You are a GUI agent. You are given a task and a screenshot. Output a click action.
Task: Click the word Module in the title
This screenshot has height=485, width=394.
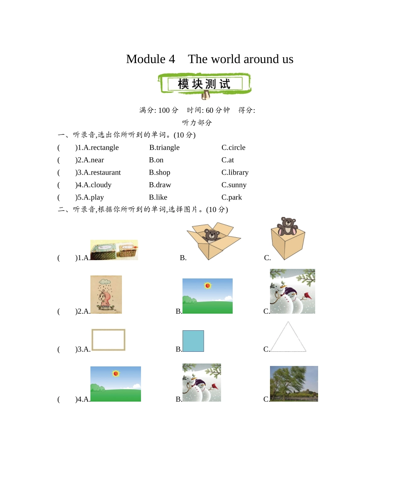(146, 59)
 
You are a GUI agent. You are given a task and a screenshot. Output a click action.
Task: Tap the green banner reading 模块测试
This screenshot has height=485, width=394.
(204, 84)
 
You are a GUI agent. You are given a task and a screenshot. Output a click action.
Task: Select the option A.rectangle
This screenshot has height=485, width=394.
(101, 148)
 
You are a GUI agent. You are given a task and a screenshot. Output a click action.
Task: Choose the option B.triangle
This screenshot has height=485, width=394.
(164, 148)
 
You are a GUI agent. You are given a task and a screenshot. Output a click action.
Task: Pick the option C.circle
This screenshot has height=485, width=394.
(233, 148)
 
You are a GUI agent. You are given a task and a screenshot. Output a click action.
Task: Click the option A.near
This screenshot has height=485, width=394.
(94, 160)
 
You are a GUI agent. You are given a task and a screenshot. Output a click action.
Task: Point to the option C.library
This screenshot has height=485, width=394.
(235, 173)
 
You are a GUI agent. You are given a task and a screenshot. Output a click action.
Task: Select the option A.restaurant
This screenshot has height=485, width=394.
(102, 173)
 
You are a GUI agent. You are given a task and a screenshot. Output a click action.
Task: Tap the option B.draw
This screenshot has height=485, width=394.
(160, 185)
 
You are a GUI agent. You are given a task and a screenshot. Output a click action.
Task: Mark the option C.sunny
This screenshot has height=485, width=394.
(234, 185)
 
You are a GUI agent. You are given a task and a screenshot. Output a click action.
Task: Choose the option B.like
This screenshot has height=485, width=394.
(158, 197)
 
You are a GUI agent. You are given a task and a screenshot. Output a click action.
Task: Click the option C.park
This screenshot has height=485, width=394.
(231, 197)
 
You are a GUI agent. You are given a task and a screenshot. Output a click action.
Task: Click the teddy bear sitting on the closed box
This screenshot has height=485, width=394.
(287, 226)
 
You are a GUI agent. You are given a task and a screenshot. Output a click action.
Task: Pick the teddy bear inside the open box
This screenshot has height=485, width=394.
(212, 235)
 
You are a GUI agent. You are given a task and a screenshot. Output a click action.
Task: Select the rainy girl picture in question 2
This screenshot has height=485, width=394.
(106, 295)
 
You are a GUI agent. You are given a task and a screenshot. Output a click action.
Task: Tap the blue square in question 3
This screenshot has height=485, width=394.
(193, 341)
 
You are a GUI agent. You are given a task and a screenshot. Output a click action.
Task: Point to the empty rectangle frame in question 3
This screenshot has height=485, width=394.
(108, 340)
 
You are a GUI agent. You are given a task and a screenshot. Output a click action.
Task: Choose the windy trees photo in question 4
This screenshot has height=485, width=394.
(294, 384)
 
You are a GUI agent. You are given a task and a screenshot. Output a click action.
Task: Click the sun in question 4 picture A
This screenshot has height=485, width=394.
(116, 373)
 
